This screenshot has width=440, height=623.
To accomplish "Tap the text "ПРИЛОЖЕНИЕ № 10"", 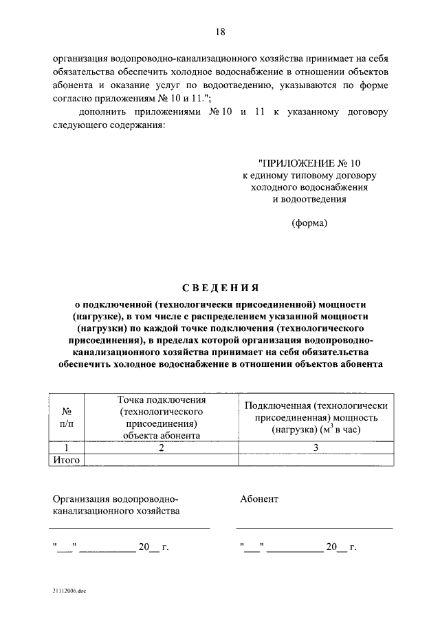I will pos(309,163).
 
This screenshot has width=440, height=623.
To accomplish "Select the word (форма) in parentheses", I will pos(309,222).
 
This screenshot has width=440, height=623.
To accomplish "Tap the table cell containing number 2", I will pos(162,448).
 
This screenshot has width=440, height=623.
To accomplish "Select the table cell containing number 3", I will pos(317,448).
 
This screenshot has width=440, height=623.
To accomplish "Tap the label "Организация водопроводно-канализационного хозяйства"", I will pos(115,505).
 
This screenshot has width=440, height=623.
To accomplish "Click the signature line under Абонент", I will pos(315,528).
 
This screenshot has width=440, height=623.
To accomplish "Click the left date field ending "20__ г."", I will pos(110,549).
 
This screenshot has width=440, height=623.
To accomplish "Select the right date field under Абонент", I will pos(298,549).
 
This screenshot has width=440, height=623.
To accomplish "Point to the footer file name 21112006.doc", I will pos(69,591).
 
